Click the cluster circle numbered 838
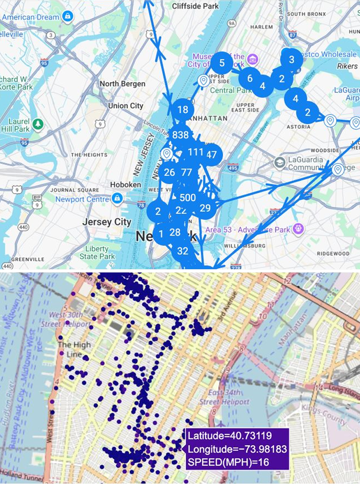click(180, 135)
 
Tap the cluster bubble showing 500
click(188, 198)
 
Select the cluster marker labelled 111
click(196, 152)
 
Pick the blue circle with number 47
click(212, 155)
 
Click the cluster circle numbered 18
click(182, 110)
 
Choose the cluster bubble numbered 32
click(183, 251)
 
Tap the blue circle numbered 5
click(222, 63)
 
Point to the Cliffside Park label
click(195, 6)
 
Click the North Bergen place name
click(122, 83)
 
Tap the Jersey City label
click(107, 222)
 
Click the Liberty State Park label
click(97, 252)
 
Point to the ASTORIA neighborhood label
click(299, 127)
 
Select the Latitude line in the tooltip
click(229, 436)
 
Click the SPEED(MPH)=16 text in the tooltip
click(228, 462)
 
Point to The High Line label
click(74, 349)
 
